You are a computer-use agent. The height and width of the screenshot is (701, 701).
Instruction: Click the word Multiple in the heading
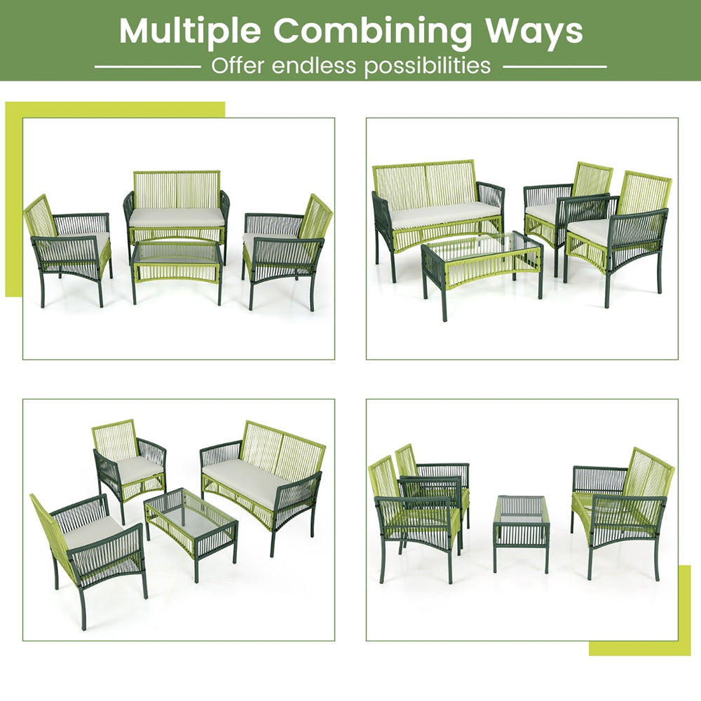tap(190, 31)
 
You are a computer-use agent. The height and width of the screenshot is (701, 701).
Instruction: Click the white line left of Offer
tap(147, 67)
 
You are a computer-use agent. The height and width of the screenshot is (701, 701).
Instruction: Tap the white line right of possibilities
tap(554, 67)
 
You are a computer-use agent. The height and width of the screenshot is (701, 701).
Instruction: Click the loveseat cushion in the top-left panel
tap(177, 217)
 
